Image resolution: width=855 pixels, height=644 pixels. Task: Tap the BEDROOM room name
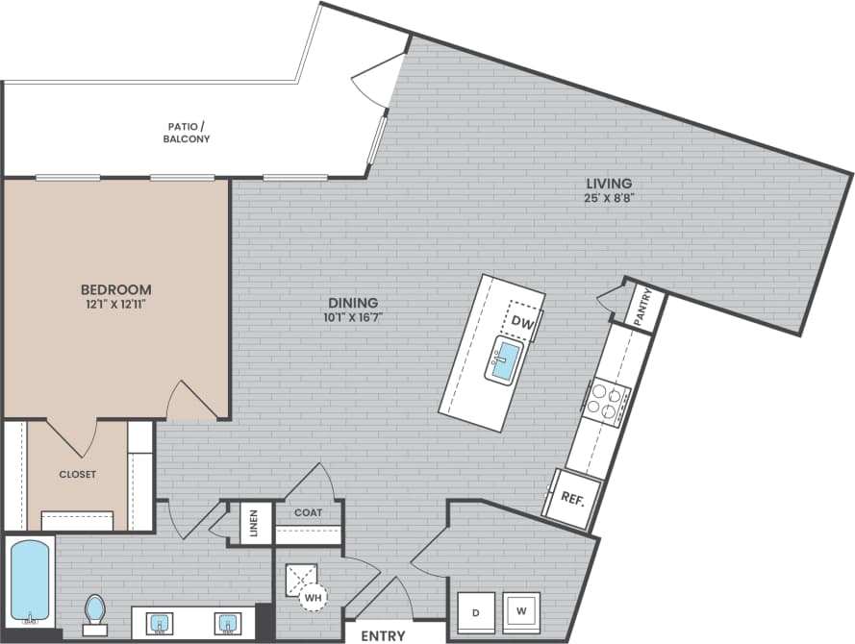(115, 289)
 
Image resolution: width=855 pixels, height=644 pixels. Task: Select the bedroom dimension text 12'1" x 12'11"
(115, 305)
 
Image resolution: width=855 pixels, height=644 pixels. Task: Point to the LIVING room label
(610, 184)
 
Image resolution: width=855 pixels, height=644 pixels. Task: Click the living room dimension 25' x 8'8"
(610, 199)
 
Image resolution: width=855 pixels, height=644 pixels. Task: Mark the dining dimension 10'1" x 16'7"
(357, 316)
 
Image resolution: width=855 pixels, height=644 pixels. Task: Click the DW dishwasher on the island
(522, 320)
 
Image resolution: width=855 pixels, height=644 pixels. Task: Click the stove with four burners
(609, 403)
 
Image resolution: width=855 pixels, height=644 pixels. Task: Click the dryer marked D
(475, 611)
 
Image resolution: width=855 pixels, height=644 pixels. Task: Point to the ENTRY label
(383, 635)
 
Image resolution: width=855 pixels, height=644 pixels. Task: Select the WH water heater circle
(314, 598)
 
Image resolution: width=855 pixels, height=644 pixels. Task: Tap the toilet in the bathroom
(94, 611)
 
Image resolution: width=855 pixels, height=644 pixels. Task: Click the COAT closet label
(308, 512)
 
